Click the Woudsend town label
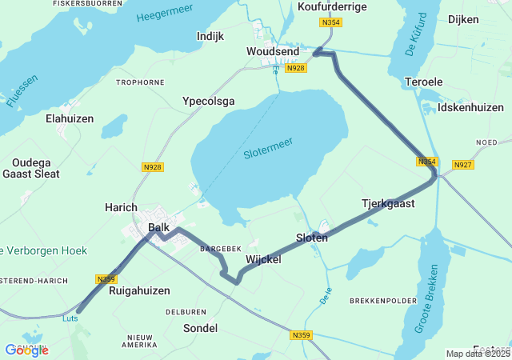click(273, 52)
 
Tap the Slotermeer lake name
click(268, 147)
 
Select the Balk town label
click(159, 228)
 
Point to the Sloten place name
click(312, 238)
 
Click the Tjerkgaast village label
click(388, 204)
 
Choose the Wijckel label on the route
click(264, 259)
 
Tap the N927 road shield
click(462, 165)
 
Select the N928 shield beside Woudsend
click(296, 68)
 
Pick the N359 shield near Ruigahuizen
click(106, 279)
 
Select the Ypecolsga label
click(209, 102)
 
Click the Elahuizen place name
click(70, 118)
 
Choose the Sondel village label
click(200, 328)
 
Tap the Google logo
click(26, 350)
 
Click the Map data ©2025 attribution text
click(478, 354)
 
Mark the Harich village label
click(122, 207)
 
